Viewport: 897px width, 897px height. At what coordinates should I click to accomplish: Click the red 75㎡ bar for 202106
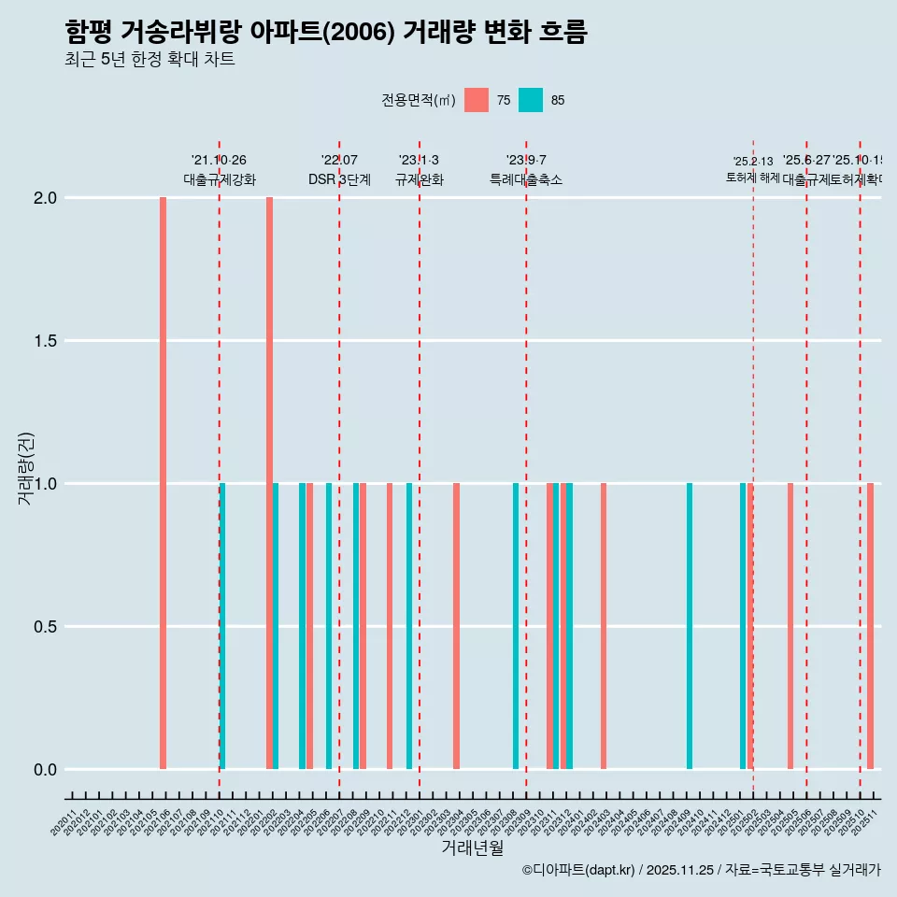coord(163,483)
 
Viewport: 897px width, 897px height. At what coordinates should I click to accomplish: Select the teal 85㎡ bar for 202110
coord(222,626)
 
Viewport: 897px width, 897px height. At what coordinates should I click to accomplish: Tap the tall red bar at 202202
coord(269,483)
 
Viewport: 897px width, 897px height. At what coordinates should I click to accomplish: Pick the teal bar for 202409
coord(690,626)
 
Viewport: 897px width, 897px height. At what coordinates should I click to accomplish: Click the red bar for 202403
coord(604,626)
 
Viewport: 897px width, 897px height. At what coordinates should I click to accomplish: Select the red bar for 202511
coord(870,626)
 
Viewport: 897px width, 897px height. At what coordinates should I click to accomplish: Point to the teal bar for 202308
coord(516,626)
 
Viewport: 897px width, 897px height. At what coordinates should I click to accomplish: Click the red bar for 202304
coord(456,626)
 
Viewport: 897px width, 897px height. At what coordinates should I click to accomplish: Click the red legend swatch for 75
coord(477,100)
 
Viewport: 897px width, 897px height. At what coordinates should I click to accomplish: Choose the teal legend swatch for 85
coord(531,100)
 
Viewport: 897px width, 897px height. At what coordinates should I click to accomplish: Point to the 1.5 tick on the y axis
coord(44,341)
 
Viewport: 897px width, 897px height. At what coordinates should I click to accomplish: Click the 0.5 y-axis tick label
coord(44,627)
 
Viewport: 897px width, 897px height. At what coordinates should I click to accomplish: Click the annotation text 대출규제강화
coord(219,180)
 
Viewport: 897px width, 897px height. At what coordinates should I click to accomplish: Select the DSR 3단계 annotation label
coord(339,180)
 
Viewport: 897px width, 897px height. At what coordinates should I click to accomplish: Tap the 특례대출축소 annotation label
coord(526,180)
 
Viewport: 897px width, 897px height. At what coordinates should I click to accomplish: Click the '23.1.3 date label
coord(419,161)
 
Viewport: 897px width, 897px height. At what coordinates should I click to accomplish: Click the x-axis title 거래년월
coord(472,848)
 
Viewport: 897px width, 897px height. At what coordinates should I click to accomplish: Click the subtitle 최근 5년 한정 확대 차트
coord(149,60)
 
